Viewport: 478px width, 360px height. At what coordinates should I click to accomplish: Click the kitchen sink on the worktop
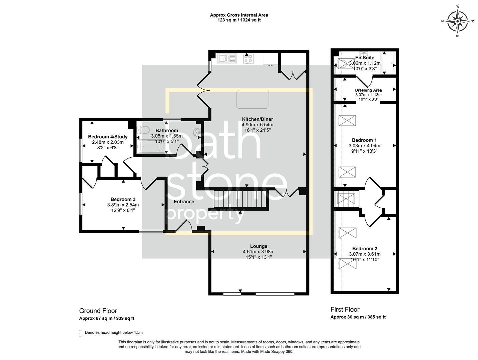click(227, 59)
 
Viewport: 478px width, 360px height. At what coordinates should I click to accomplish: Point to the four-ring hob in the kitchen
click(249, 59)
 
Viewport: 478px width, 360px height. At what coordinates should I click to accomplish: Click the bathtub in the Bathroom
click(152, 147)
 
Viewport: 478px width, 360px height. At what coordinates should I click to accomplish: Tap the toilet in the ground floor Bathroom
click(144, 130)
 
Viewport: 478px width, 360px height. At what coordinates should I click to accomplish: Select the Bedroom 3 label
click(123, 199)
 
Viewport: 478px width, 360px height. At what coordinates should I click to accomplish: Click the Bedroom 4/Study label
click(108, 137)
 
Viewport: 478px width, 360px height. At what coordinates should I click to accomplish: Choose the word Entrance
click(184, 201)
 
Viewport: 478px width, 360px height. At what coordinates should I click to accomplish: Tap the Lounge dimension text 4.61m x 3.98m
click(259, 252)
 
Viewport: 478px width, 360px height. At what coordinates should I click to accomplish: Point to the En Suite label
click(365, 58)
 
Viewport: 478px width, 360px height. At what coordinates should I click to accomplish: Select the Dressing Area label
click(368, 90)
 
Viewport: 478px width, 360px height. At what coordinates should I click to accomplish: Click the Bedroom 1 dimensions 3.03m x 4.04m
click(364, 146)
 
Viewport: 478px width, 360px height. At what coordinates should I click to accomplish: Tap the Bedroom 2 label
click(365, 248)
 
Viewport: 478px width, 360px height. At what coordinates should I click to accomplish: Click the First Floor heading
click(345, 309)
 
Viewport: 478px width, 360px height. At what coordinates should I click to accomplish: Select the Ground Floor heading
click(98, 311)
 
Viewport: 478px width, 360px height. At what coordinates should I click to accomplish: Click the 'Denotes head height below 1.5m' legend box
click(80, 333)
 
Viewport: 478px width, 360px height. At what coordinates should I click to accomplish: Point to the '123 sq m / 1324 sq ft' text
click(239, 20)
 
